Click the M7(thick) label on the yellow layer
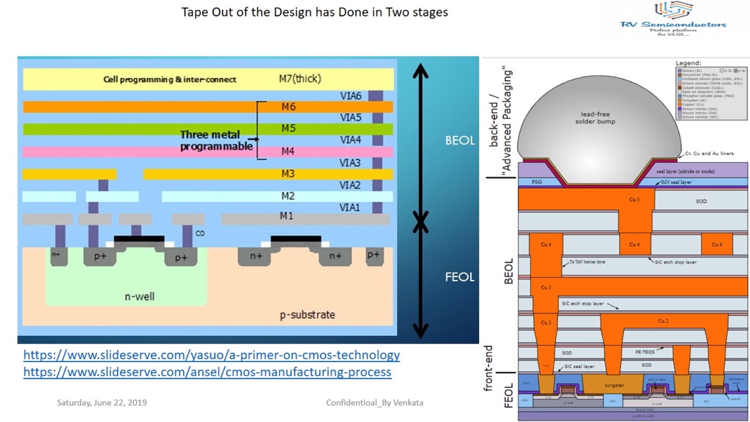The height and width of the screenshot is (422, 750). coord(300,79)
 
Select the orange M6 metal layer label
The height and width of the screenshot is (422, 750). coord(288,107)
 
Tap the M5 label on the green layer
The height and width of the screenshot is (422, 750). coord(288,129)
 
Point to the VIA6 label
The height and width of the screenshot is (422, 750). coord(350,95)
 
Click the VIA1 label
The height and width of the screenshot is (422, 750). coord(350,207)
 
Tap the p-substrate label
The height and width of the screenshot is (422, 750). coord(307,315)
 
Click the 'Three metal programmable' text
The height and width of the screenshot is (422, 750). coord(216,141)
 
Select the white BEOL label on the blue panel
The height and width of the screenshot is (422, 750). coord(459,141)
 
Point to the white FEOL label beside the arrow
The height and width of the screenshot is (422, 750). coord(459,277)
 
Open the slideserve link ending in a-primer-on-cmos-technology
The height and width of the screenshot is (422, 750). coord(212,355)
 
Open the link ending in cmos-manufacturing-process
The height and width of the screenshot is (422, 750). coord(207,372)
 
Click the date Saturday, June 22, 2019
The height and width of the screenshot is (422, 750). coord(101,403)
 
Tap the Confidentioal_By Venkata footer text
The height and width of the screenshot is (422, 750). coord(374,403)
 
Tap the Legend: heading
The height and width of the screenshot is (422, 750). coord(688,63)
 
